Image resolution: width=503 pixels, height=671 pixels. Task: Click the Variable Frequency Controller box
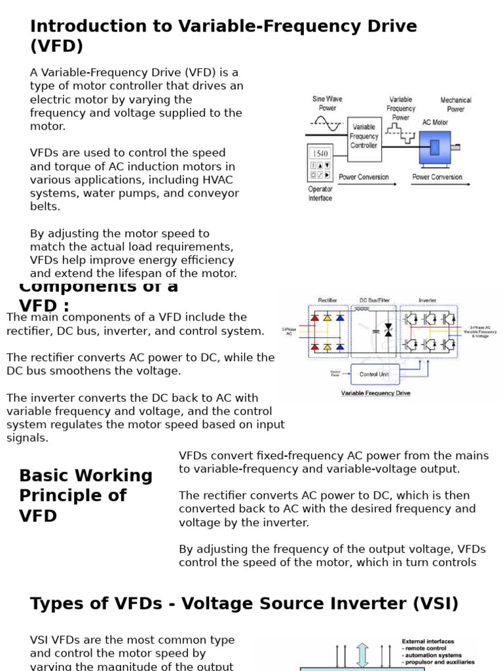364,136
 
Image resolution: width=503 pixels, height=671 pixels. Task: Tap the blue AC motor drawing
435,147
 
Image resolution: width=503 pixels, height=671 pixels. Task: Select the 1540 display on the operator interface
320,153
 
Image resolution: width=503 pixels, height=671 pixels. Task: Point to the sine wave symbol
327,122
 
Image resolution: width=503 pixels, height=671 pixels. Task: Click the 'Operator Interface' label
320,193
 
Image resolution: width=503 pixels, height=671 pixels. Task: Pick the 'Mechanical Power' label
456,105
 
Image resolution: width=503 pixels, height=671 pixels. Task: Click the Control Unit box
373,374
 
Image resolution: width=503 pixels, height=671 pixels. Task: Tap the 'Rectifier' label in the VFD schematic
327,301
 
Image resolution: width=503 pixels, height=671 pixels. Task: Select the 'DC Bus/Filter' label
375,301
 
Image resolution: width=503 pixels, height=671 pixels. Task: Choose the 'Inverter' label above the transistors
428,301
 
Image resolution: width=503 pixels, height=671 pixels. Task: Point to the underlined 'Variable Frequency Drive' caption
375,393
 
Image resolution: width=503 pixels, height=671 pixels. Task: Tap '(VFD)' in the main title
57,47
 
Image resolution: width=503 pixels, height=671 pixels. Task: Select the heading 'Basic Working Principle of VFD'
85,495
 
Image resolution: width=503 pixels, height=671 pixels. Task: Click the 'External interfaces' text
428,642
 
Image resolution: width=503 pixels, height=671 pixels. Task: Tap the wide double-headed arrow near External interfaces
362,655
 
